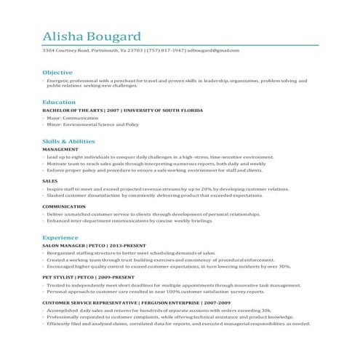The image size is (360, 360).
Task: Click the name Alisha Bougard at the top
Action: click(x=92, y=36)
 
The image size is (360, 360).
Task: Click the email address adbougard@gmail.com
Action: click(x=212, y=51)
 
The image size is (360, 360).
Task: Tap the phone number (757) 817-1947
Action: click(x=166, y=51)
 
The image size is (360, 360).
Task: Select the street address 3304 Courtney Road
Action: click(x=65, y=51)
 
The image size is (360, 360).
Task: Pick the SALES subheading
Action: click(x=50, y=180)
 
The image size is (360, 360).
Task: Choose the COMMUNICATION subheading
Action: click(x=64, y=206)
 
